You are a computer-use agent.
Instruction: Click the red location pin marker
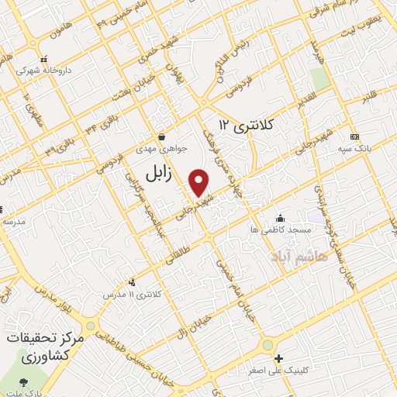[199, 182]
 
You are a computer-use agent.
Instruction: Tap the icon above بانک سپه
[354, 136]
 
